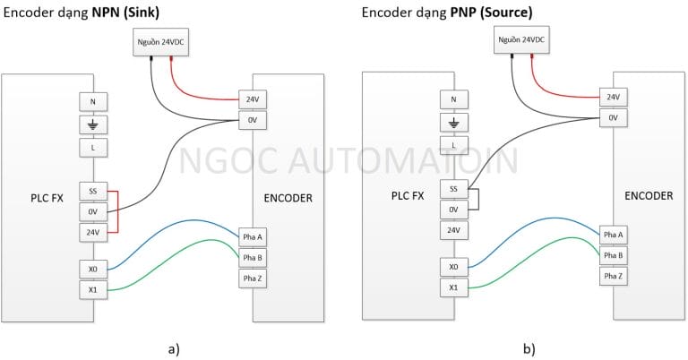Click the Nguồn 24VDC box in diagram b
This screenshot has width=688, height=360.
521,40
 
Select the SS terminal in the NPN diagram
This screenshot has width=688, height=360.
92,191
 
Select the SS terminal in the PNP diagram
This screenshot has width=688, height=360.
453,190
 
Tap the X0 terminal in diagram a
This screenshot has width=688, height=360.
92,268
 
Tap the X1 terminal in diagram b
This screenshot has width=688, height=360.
453,287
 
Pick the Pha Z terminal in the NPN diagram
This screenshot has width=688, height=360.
253,279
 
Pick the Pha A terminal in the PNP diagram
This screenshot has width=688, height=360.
613,235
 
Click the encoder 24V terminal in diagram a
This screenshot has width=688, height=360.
253,99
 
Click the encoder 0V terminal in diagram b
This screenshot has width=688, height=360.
613,117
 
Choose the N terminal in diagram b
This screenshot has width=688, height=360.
453,100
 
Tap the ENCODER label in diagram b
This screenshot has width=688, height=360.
648,194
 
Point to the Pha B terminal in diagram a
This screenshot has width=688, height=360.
253,258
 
